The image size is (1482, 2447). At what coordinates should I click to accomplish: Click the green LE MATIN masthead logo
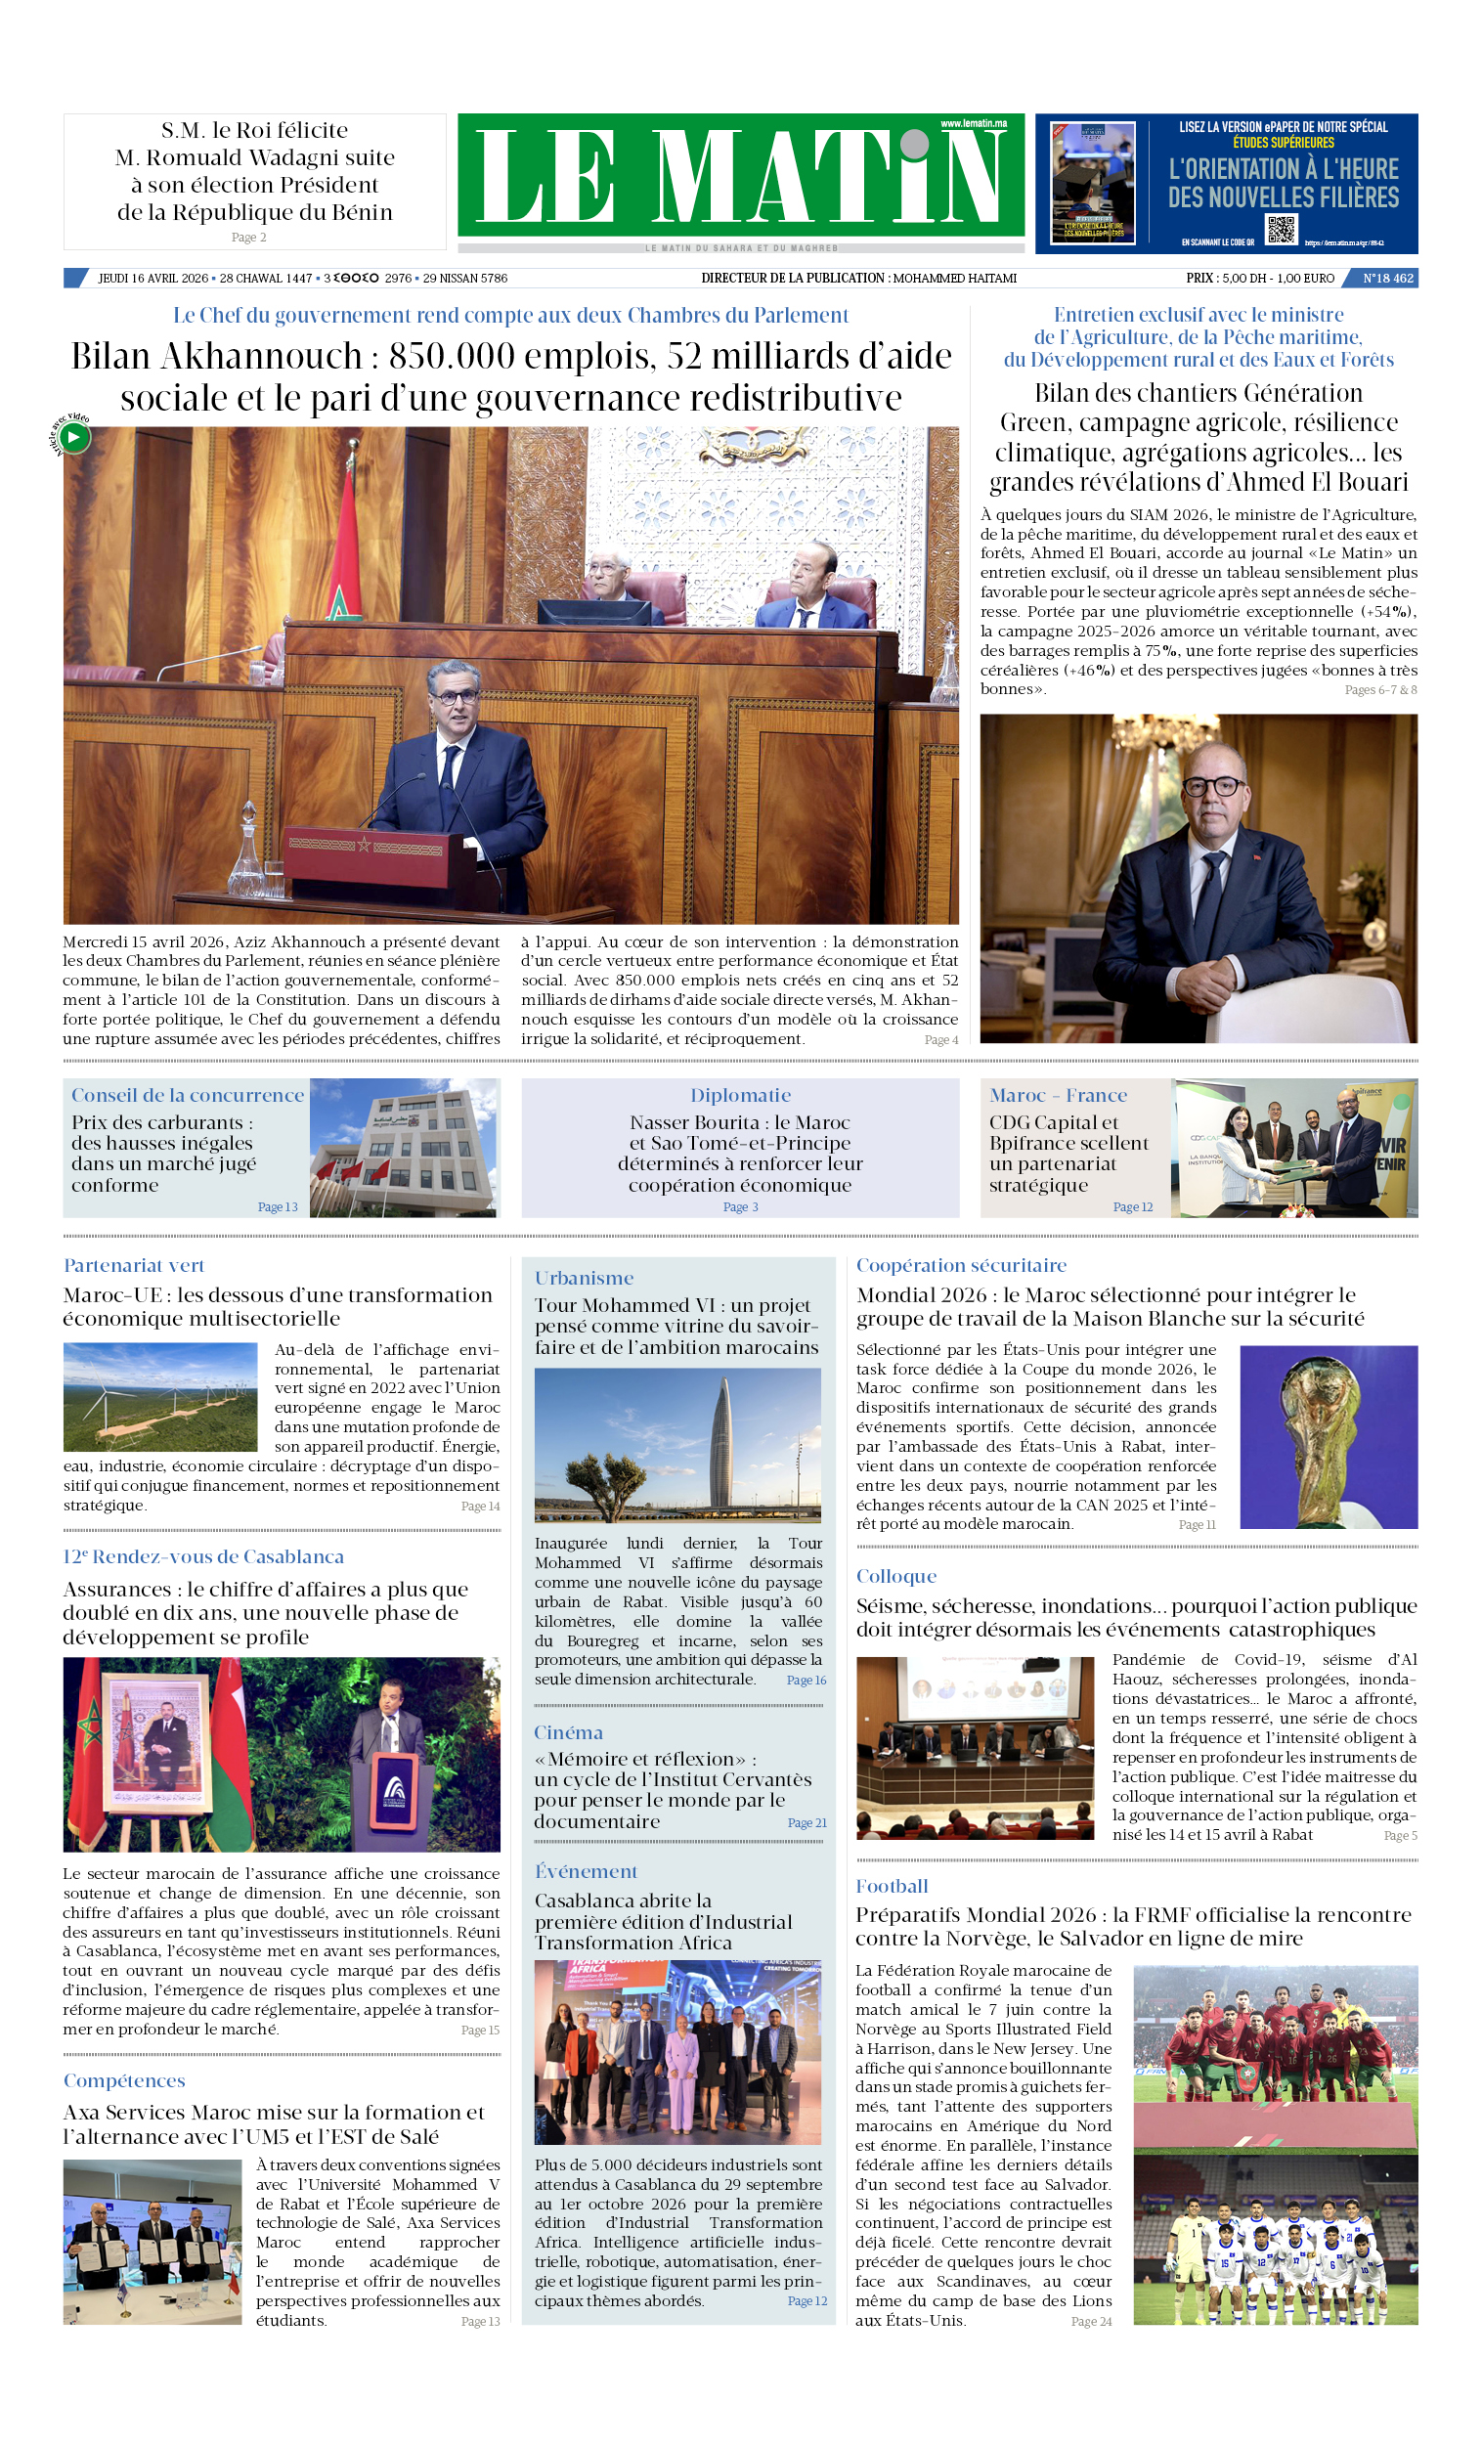(740, 177)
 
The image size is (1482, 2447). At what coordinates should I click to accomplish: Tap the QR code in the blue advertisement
(1281, 229)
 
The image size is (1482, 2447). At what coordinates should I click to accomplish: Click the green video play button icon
(73, 437)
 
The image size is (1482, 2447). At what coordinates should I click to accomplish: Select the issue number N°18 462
(1387, 278)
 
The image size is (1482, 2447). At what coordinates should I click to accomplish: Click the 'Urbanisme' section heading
(583, 1278)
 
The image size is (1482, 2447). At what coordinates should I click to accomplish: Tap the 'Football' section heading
(891, 1886)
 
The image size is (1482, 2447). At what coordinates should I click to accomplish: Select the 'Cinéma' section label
(568, 1733)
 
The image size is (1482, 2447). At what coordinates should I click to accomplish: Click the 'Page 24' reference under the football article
(1091, 2321)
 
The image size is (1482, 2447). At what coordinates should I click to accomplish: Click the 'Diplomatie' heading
(740, 1095)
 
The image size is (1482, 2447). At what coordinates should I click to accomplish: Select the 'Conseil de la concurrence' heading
(187, 1095)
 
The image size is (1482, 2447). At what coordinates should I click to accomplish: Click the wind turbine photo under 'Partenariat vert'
(160, 1396)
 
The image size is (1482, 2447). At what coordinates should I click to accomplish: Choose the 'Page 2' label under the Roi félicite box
(248, 238)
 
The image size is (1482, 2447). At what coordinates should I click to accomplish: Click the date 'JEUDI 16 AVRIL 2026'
(152, 278)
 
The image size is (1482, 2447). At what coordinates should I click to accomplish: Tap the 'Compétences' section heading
(123, 2080)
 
